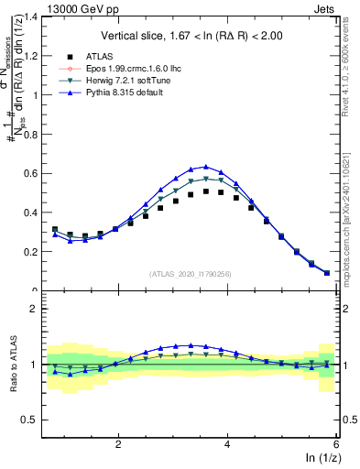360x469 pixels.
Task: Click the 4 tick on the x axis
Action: point(227,443)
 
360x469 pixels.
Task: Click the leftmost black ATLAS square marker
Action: point(55,229)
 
